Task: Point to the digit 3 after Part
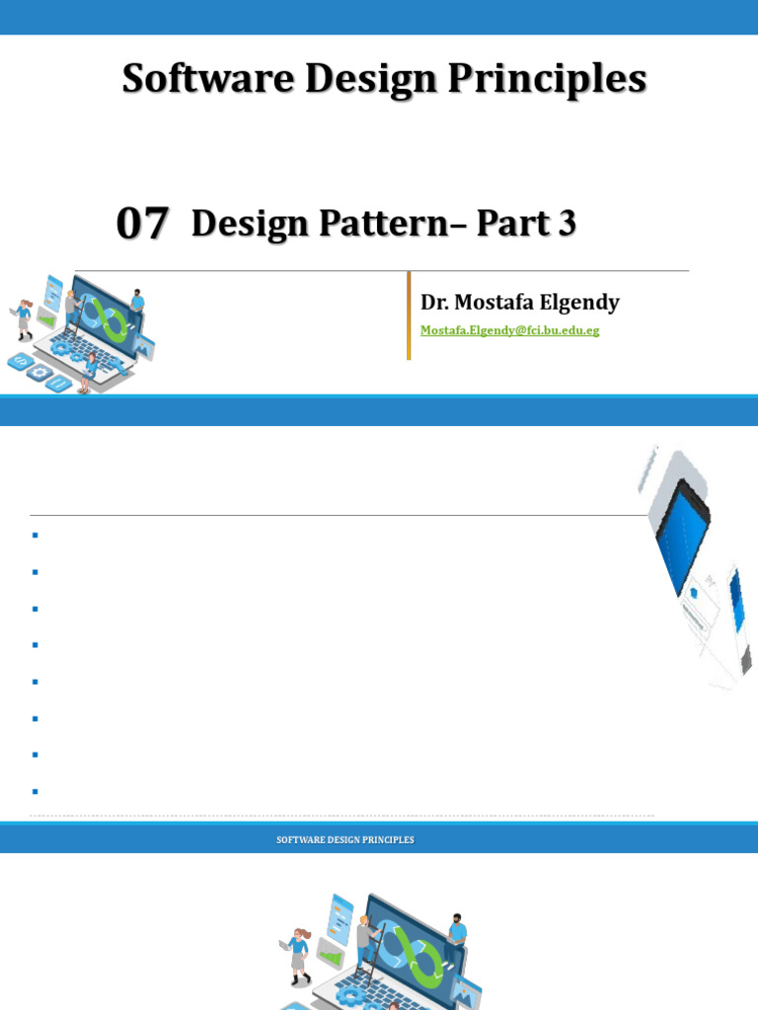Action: (x=567, y=224)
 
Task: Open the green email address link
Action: (x=509, y=330)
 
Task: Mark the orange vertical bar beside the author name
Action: (x=409, y=316)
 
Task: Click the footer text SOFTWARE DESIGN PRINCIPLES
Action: (x=345, y=840)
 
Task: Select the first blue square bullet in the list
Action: (x=35, y=536)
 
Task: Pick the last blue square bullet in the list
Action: (x=35, y=791)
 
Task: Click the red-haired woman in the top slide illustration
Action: (x=23, y=320)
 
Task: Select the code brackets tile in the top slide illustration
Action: (x=20, y=362)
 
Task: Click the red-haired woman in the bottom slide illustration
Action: (x=299, y=952)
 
